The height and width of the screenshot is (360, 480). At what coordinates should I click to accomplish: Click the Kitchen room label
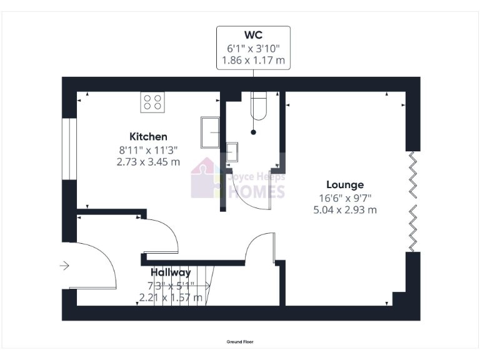point(148,136)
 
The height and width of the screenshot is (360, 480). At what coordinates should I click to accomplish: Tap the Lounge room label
point(345,184)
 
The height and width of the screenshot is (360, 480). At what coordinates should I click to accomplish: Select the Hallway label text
point(171,272)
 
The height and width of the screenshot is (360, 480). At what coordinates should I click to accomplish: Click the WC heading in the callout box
point(253,35)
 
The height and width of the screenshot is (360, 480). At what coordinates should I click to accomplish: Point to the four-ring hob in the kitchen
point(152,102)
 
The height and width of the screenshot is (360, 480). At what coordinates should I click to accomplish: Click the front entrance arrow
point(64,266)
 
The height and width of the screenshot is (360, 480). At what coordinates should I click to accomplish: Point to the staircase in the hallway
point(181,284)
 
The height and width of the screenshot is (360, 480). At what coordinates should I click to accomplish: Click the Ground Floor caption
point(240,342)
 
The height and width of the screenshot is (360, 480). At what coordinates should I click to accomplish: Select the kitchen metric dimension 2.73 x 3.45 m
point(148,162)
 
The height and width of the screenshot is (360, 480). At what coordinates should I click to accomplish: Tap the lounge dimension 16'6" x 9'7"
point(345,197)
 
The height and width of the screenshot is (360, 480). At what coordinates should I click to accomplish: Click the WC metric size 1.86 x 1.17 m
point(253,61)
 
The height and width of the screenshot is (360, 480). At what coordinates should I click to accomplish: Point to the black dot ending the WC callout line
point(253,132)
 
